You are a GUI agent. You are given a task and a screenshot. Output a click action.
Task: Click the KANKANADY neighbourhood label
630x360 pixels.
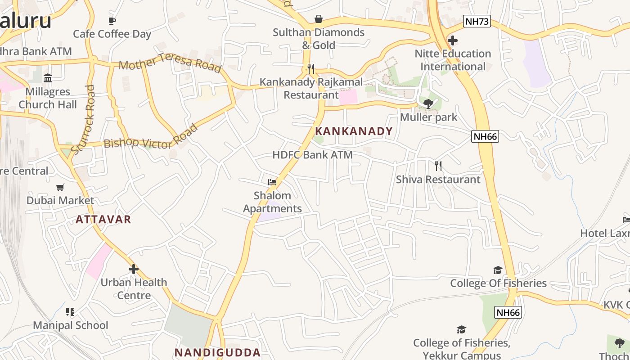click(354, 131)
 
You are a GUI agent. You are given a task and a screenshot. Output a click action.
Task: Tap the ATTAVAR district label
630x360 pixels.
click(103, 219)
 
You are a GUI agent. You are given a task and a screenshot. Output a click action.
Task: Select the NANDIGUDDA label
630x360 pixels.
click(217, 352)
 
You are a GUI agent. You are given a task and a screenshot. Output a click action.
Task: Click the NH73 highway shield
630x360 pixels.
click(477, 21)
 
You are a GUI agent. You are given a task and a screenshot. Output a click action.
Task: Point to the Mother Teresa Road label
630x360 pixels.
click(170, 63)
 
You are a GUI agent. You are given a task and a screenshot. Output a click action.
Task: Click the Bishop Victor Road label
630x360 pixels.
click(151, 138)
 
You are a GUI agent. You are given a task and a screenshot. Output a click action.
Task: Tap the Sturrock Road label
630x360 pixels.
click(84, 119)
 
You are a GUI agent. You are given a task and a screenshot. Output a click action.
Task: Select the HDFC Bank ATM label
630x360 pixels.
click(312, 155)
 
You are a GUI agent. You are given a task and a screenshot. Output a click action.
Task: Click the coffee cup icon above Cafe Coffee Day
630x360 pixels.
click(112, 21)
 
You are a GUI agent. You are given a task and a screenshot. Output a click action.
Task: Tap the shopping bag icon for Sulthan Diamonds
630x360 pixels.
click(319, 19)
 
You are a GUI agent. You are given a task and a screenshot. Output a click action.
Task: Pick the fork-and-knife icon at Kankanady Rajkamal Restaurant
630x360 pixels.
click(311, 69)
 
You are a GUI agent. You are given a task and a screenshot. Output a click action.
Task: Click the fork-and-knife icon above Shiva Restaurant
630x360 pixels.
click(438, 166)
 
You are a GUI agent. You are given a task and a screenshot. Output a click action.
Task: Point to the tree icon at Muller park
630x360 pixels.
click(428, 104)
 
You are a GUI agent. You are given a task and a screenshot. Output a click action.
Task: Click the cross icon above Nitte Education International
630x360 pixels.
click(453, 40)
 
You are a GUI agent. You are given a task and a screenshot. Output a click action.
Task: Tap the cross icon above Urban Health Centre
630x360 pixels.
click(134, 269)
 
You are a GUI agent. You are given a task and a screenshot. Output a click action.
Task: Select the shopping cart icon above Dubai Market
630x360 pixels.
click(60, 187)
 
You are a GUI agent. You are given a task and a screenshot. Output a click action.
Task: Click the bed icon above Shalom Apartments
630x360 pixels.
click(272, 182)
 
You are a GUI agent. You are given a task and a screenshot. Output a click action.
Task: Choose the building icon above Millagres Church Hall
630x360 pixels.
click(48, 78)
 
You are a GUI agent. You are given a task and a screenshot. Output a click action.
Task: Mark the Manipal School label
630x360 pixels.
click(71, 325)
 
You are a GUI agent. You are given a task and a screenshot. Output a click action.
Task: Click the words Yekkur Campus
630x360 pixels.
click(462, 355)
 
